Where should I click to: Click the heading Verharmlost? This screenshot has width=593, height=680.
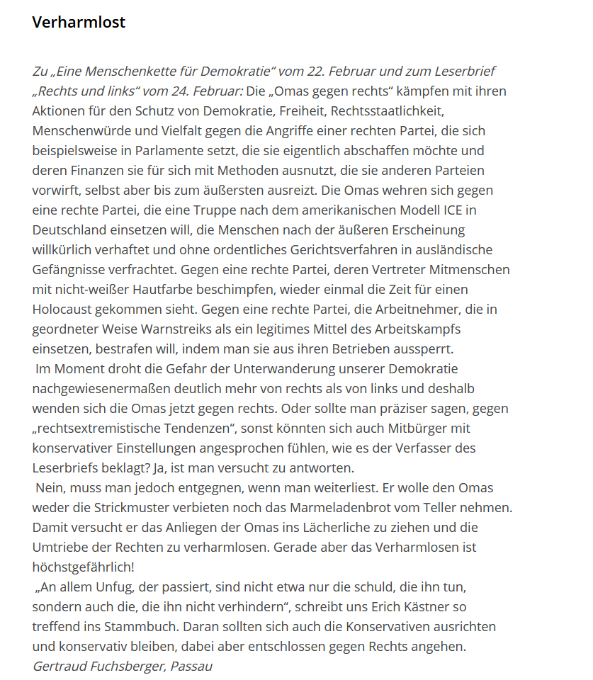click(79, 22)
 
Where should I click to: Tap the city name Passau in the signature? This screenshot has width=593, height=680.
click(191, 667)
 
